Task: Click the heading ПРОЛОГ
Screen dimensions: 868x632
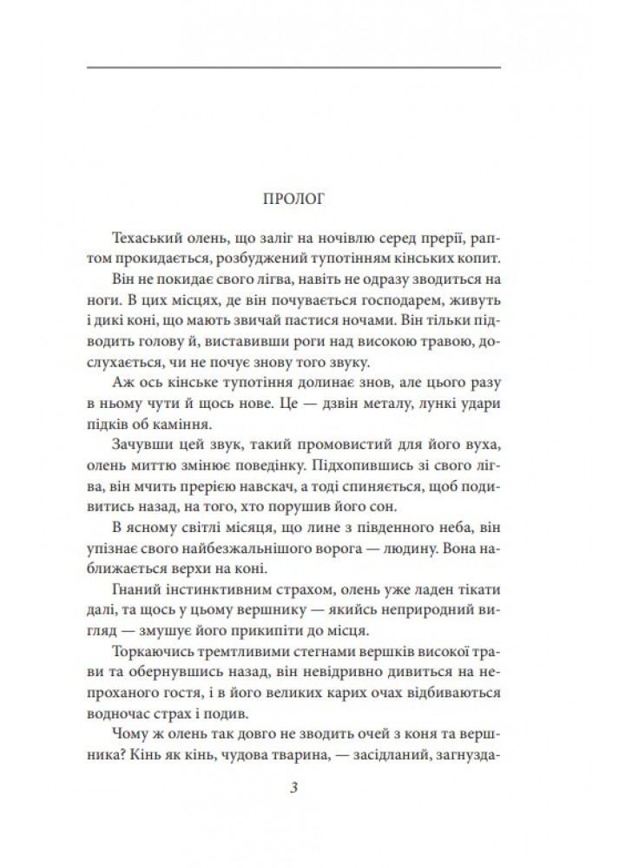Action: (294, 197)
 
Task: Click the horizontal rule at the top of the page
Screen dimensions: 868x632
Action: (294, 67)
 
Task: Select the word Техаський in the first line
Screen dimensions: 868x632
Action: (145, 239)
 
